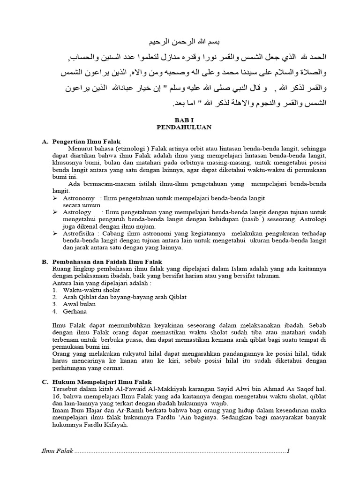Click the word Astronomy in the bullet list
[x=79, y=198]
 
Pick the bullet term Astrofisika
[x=79, y=233]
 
